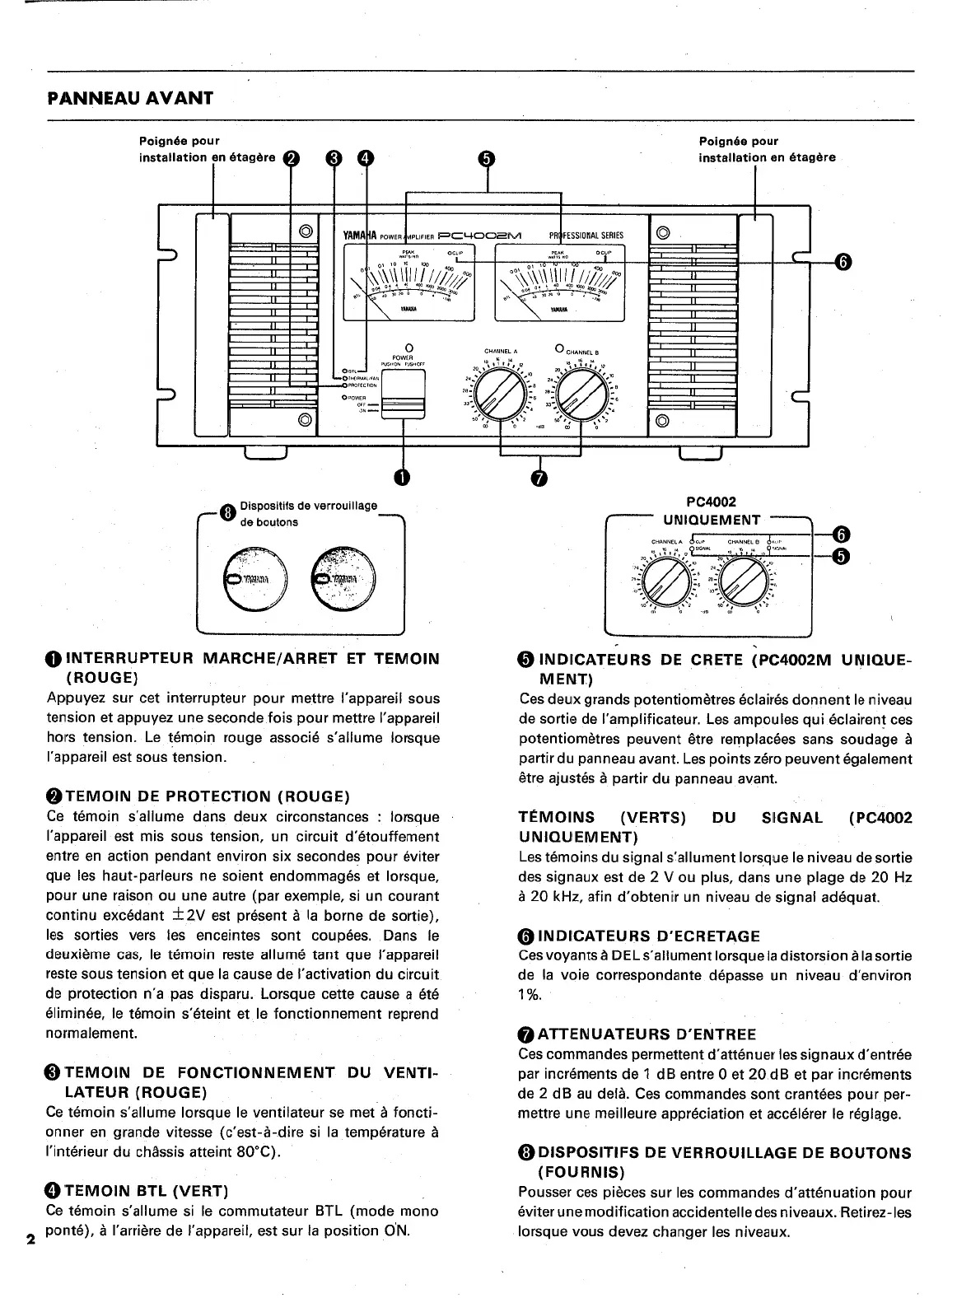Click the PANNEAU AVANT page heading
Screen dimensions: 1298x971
(x=130, y=98)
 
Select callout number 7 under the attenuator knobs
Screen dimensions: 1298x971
(x=539, y=478)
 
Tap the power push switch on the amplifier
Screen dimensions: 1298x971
(x=404, y=395)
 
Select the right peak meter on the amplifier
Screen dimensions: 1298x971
(x=561, y=281)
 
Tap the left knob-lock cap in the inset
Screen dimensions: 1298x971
(x=253, y=579)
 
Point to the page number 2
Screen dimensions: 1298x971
(x=30, y=1240)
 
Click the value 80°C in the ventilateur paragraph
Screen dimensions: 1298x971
(x=256, y=1151)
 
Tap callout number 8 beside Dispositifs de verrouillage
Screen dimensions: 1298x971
(x=226, y=514)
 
